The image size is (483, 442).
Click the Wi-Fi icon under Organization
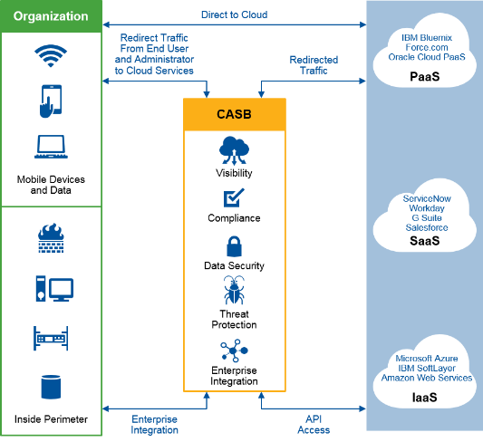pos(51,56)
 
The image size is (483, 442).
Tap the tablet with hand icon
pos(51,101)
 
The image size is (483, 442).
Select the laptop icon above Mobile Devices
pos(51,147)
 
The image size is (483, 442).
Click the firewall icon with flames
pos(51,238)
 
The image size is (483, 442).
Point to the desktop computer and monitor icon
pos(54,288)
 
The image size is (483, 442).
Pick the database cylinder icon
pos(51,387)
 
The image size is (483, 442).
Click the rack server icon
pos(51,338)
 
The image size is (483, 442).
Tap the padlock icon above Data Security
pos(234,246)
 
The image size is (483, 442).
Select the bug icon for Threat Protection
pos(234,290)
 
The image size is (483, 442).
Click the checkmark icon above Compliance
pos(234,197)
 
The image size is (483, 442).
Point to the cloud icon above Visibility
pos(234,150)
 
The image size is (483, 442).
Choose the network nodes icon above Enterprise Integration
pos(234,351)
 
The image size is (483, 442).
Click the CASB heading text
pos(234,114)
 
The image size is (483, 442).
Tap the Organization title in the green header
pos(51,16)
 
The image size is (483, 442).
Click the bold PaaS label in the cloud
pos(424,77)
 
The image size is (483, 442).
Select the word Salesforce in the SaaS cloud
pos(427,227)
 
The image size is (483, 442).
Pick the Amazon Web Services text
pos(427,378)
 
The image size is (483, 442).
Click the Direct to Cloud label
pos(234,14)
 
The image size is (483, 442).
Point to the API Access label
pos(314,425)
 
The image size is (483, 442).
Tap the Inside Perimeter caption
pos(51,419)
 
